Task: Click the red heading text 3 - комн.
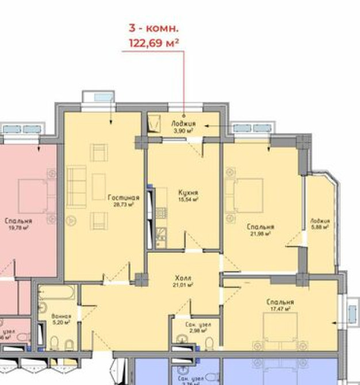click(x=153, y=28)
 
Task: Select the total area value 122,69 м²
click(x=153, y=41)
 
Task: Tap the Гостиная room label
click(x=123, y=197)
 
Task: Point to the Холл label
click(x=183, y=277)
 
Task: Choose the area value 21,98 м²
click(x=260, y=233)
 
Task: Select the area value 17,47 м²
click(x=280, y=309)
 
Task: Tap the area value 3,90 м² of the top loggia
click(x=183, y=130)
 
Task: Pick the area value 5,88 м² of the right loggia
click(x=320, y=227)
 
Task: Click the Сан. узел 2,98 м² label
click(x=198, y=325)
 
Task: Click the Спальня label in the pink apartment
click(x=18, y=221)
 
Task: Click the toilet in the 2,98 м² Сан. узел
click(x=209, y=343)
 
